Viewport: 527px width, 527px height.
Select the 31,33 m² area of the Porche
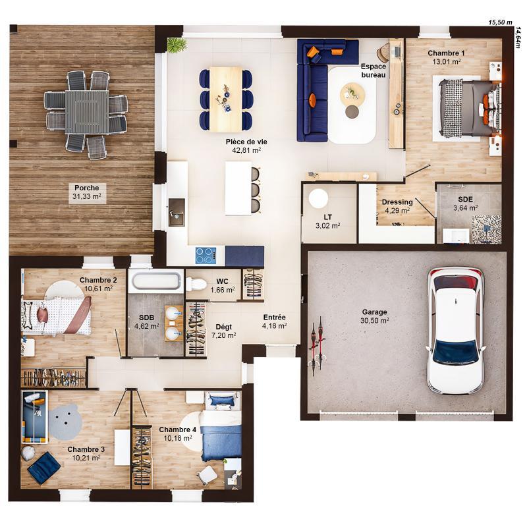point(87,196)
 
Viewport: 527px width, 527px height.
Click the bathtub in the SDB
point(155,281)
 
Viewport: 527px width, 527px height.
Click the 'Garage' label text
point(374,312)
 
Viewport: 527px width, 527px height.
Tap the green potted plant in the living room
point(177,45)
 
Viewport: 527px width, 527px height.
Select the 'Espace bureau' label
point(374,70)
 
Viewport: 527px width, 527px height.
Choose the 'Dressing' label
point(397,202)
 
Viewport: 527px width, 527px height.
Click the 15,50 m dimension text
point(500,22)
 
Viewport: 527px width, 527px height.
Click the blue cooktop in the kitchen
point(206,254)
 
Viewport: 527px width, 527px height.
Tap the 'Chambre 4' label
point(175,430)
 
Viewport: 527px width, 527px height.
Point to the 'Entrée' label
point(274,317)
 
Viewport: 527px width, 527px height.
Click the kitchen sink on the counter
point(177,211)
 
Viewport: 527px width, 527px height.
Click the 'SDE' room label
point(465,200)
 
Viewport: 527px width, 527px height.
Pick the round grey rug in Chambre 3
point(65,422)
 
